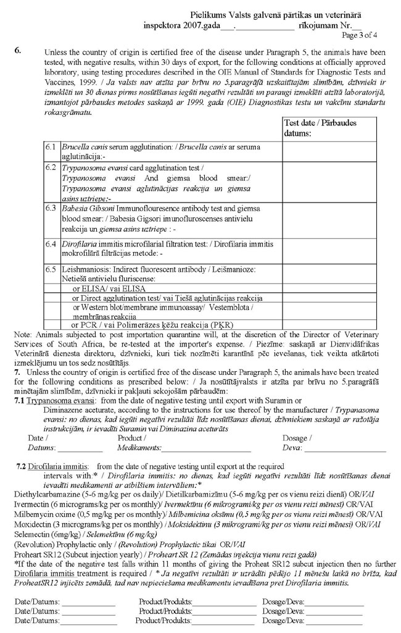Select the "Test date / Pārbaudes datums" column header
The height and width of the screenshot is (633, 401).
coord(313,128)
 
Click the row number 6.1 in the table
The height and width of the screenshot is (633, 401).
coord(51,147)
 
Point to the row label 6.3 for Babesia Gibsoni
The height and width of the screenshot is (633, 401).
coord(51,208)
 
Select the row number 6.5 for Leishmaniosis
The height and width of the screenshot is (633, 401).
coord(51,269)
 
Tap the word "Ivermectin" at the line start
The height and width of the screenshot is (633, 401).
coord(32,505)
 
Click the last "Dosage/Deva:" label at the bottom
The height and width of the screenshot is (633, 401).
coord(283,621)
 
